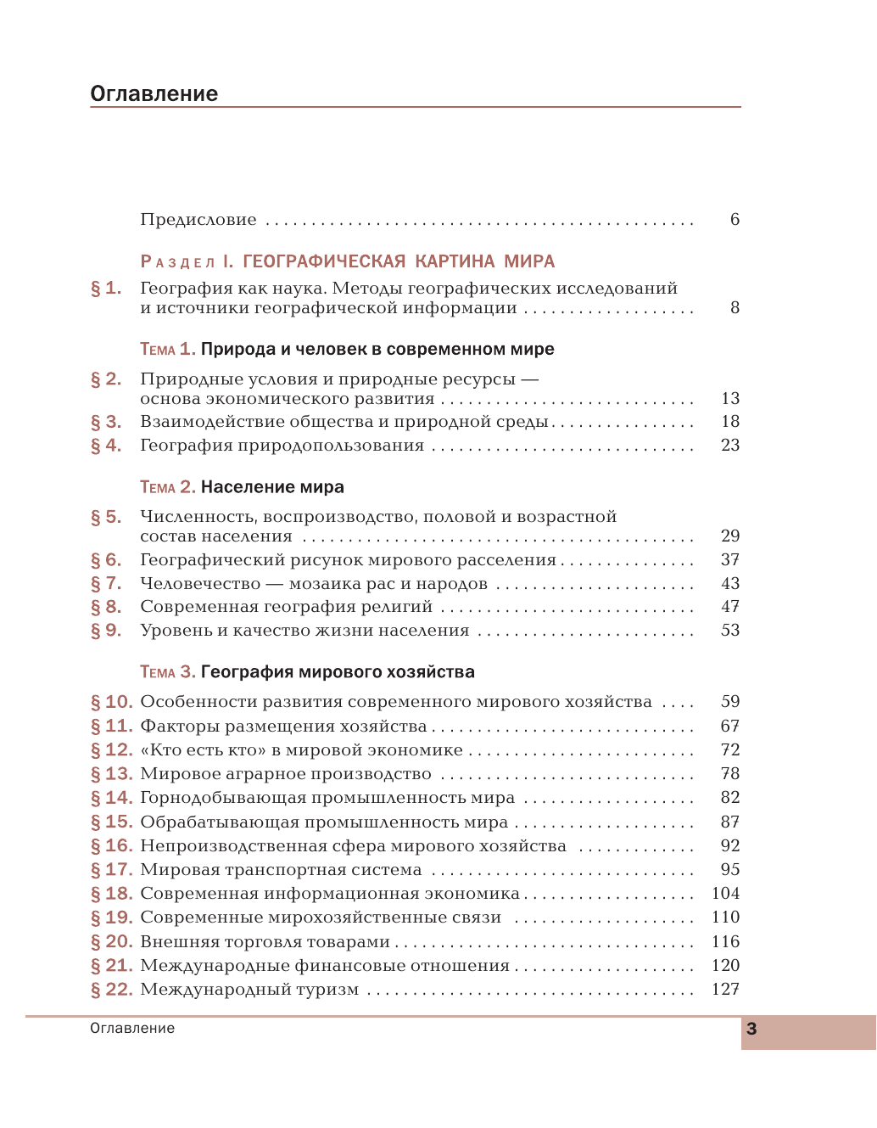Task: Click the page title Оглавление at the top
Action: [x=154, y=93]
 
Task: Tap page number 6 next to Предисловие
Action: [x=735, y=219]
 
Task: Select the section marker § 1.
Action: [x=106, y=289]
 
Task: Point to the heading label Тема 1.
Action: [x=167, y=349]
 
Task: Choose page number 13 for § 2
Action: [x=730, y=398]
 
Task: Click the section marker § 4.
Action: [x=106, y=445]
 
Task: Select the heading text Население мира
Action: [x=272, y=487]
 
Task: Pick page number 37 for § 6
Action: [x=730, y=559]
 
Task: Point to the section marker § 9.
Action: [x=106, y=630]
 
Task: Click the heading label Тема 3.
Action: [x=167, y=672]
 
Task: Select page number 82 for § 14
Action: [x=730, y=797]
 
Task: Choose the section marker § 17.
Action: [x=111, y=869]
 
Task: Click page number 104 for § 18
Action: [x=725, y=893]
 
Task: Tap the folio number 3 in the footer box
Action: [x=751, y=1030]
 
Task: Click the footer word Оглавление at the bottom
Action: [x=132, y=1028]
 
